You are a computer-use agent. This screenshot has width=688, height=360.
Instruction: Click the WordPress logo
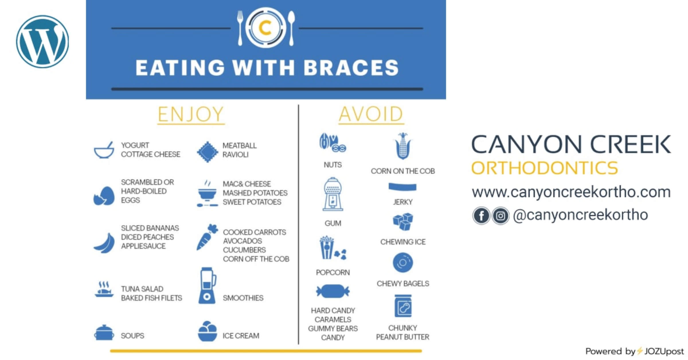tap(42, 42)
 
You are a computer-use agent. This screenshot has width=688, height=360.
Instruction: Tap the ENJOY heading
tap(191, 114)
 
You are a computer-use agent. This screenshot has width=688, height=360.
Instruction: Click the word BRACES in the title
tap(351, 68)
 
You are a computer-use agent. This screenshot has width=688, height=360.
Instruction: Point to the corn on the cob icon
tap(403, 146)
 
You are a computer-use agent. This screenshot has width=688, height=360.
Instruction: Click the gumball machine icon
tap(333, 195)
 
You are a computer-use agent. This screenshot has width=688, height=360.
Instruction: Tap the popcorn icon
tap(333, 248)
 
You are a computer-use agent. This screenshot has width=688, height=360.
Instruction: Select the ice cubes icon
tap(403, 222)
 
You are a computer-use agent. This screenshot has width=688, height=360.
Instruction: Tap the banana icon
tap(104, 243)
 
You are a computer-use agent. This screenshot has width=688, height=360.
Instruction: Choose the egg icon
tap(104, 196)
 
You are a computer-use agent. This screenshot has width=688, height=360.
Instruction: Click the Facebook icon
tap(481, 216)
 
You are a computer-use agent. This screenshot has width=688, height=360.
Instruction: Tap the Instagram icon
tap(501, 216)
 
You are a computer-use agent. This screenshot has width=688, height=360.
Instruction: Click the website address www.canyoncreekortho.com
tap(571, 192)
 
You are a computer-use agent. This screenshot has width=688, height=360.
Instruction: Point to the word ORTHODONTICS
tap(545, 168)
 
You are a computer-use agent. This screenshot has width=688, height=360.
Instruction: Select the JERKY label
tap(403, 202)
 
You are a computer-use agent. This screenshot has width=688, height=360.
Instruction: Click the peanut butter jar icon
tap(403, 306)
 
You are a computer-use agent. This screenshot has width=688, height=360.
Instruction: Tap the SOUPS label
tap(132, 336)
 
